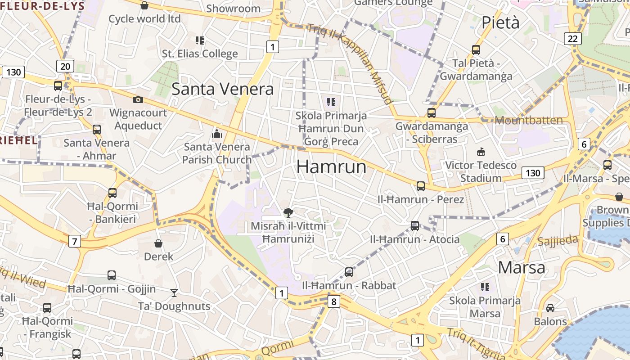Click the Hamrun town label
click(x=331, y=167)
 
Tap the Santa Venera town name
click(x=222, y=89)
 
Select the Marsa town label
click(x=522, y=268)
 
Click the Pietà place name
click(x=500, y=22)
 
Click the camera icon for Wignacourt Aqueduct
click(x=138, y=99)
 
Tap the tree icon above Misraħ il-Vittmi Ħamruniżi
click(x=288, y=212)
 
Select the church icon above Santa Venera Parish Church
click(x=217, y=134)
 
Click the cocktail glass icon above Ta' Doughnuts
click(x=174, y=293)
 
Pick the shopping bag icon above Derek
click(x=158, y=243)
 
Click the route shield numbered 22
click(x=572, y=39)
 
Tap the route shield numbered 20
click(x=65, y=67)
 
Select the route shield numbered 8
click(x=333, y=301)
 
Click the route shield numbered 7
click(x=75, y=241)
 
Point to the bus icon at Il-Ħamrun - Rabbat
click(x=349, y=272)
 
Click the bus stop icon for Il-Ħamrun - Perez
click(x=421, y=186)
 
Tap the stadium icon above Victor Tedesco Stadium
click(x=481, y=152)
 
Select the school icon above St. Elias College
click(x=200, y=40)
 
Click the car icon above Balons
click(x=550, y=308)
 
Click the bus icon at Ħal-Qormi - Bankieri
click(x=112, y=193)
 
